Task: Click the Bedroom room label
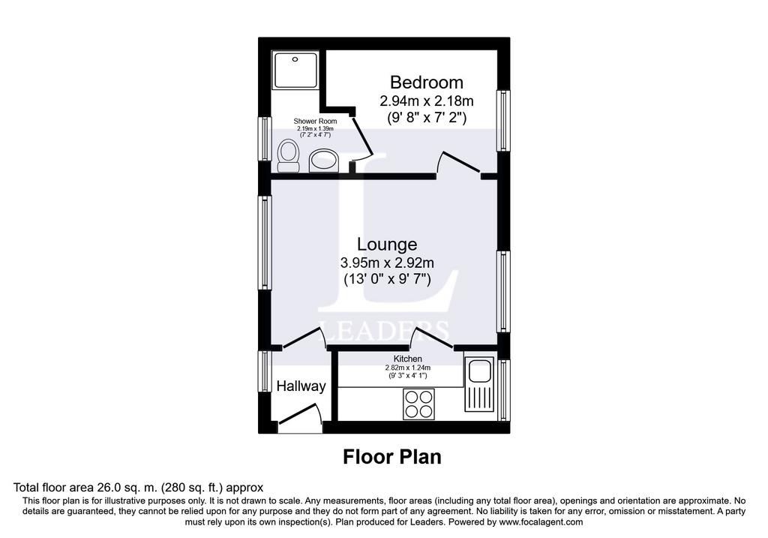click(x=426, y=83)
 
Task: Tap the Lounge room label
click(x=387, y=244)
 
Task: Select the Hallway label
click(x=301, y=386)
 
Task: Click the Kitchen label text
click(x=407, y=359)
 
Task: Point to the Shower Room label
click(x=315, y=121)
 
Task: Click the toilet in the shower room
click(x=288, y=156)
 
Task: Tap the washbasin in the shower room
click(x=324, y=161)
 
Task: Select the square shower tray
click(x=295, y=70)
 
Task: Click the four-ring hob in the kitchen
click(x=418, y=404)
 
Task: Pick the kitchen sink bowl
click(x=479, y=371)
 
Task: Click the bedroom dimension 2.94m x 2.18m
click(x=427, y=101)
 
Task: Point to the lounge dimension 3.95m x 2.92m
click(x=387, y=263)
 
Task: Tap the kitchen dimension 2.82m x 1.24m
click(x=407, y=368)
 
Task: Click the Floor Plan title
click(x=391, y=457)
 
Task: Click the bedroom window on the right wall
click(x=503, y=121)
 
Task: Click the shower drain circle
click(x=295, y=59)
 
